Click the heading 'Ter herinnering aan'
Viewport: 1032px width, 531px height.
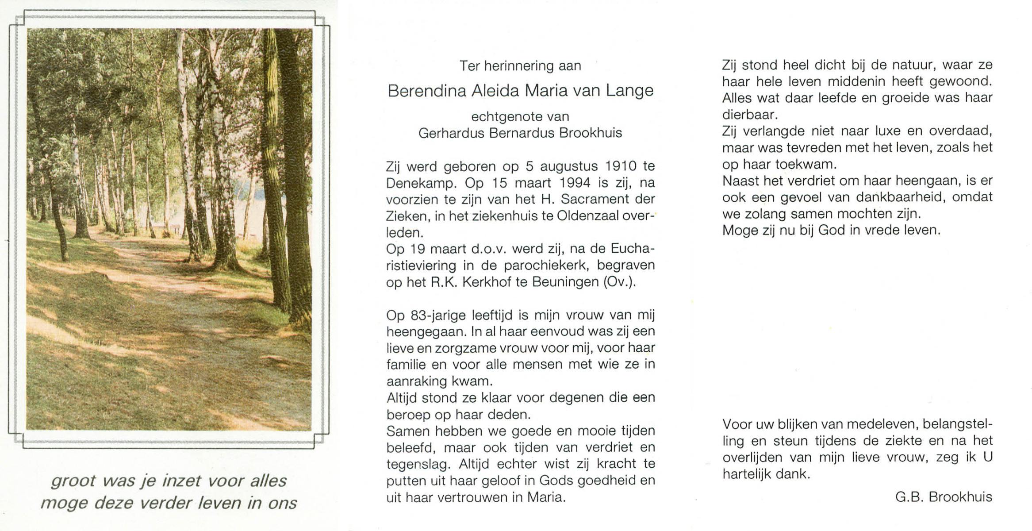pos(520,66)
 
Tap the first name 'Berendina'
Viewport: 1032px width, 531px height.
pos(427,91)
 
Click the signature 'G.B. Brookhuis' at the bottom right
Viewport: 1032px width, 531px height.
pos(944,497)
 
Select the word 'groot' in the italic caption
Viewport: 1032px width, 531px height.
pos(73,481)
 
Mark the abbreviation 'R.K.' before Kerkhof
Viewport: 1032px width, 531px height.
pos(445,282)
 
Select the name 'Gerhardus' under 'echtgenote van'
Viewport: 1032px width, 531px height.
pos(451,133)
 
